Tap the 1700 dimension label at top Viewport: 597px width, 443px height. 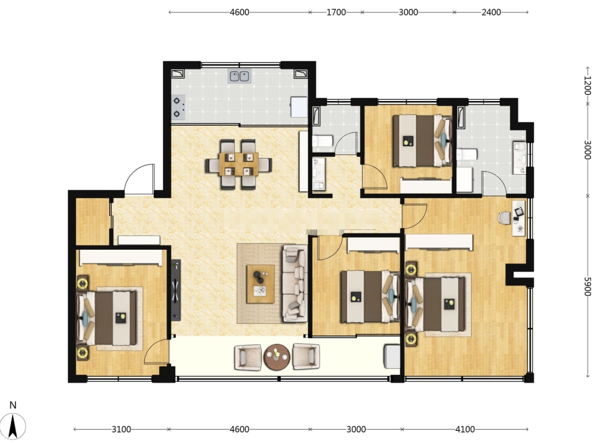point(336,12)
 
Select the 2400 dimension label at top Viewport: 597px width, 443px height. point(491,12)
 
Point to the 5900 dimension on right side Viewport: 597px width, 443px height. point(588,287)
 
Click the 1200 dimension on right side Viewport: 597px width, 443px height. point(588,85)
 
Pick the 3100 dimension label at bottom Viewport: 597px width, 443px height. point(121,429)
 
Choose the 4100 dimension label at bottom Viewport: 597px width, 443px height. point(465,429)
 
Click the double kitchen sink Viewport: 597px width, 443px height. point(239,76)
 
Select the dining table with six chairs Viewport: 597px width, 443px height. point(239,165)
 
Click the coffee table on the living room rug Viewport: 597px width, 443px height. point(261,284)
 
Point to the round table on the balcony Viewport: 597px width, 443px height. point(277,357)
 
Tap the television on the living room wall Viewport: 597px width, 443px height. point(175,290)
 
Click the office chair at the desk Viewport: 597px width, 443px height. point(504,218)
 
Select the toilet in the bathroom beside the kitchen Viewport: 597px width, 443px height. point(323,142)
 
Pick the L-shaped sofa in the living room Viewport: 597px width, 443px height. point(295,283)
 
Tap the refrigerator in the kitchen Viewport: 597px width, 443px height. point(299,107)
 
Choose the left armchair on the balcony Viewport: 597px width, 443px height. point(248,357)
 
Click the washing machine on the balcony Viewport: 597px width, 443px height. point(392,356)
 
